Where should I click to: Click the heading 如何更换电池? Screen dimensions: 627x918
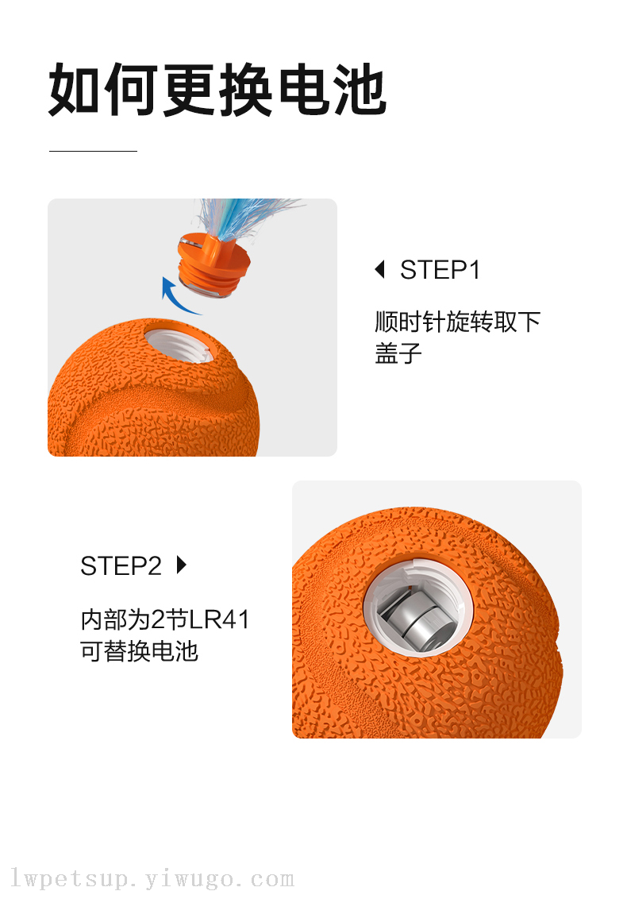pyautogui.click(x=217, y=90)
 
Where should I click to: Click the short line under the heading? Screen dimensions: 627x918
pyautogui.click(x=93, y=151)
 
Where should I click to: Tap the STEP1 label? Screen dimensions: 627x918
pyautogui.click(x=440, y=270)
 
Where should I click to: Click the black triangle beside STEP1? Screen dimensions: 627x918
pyautogui.click(x=379, y=269)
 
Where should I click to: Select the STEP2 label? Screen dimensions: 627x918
pyautogui.click(x=121, y=566)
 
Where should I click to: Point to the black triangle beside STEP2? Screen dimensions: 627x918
pyautogui.click(x=182, y=565)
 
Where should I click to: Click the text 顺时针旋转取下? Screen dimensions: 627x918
pyautogui.click(x=458, y=322)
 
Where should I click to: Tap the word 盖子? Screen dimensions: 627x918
pyautogui.click(x=398, y=353)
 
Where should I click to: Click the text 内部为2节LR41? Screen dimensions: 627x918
pyautogui.click(x=165, y=619)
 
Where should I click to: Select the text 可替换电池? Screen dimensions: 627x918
pyautogui.click(x=139, y=651)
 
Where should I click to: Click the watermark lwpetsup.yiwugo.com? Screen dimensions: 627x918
pyautogui.click(x=152, y=879)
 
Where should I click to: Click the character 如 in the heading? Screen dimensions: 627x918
pyautogui.click(x=75, y=90)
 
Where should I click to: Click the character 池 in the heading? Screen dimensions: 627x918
pyautogui.click(x=359, y=90)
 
